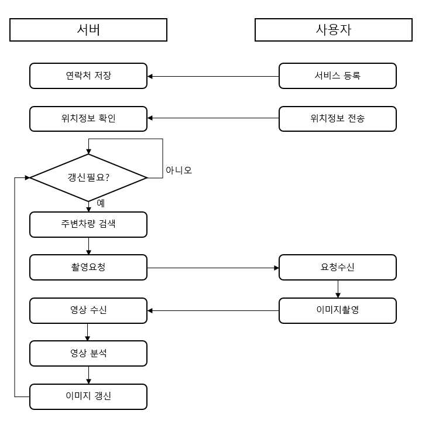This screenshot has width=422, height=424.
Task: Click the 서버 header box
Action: point(88,30)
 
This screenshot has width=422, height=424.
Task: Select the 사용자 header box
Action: point(334,30)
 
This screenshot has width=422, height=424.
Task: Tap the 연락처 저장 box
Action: point(88,76)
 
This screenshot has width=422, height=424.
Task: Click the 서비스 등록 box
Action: point(338,76)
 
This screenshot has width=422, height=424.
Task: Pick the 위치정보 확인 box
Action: point(88,119)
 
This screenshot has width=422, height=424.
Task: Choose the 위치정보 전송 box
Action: point(338,119)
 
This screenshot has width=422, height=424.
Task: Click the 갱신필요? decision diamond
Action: point(88,177)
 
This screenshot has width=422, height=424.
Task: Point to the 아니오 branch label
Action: point(179,170)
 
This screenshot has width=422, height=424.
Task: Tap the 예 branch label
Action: point(101,203)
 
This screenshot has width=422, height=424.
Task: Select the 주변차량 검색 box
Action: point(88,224)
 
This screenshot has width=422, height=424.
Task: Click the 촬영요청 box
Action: point(88,267)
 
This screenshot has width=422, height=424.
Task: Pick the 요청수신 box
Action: point(338,267)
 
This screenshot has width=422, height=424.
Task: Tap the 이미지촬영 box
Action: point(338,310)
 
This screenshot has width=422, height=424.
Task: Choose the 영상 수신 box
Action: point(88,310)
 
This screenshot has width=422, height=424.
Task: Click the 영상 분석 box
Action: point(88,353)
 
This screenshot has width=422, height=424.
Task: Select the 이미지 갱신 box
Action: point(88,396)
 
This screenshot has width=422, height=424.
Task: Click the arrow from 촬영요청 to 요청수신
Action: point(213,268)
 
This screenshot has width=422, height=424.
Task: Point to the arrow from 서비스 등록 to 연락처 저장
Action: point(213,77)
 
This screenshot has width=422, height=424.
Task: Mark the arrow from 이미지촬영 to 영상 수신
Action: point(213,311)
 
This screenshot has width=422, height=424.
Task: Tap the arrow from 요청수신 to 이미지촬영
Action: point(338,289)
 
